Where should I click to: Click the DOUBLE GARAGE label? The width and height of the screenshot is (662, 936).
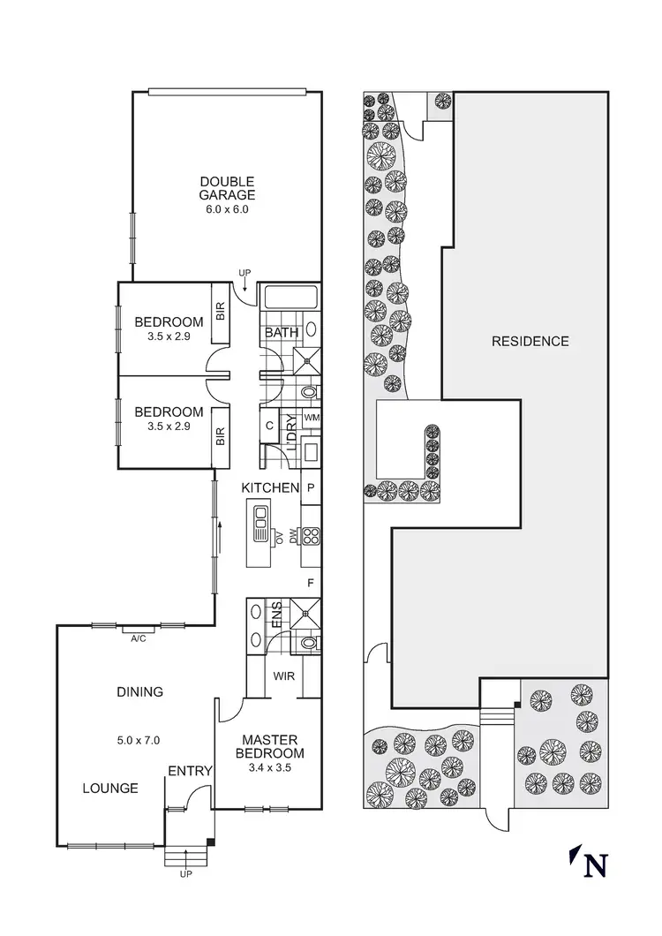pyautogui.click(x=227, y=189)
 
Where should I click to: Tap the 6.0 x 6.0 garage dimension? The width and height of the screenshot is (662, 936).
pyautogui.click(x=227, y=210)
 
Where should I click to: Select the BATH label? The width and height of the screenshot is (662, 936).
pyautogui.click(x=280, y=333)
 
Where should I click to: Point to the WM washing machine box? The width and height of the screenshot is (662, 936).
pyautogui.click(x=311, y=417)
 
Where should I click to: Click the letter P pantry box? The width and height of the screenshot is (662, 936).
pyautogui.click(x=311, y=487)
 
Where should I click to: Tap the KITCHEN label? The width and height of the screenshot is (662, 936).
pyautogui.click(x=271, y=487)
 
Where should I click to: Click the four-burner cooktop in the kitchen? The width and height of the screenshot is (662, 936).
pyautogui.click(x=311, y=535)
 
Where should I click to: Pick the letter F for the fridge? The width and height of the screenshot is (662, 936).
pyautogui.click(x=310, y=583)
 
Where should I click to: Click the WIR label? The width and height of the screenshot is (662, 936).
pyautogui.click(x=284, y=677)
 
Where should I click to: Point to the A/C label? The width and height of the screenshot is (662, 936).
pyautogui.click(x=139, y=638)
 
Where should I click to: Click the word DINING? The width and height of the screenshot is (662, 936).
pyautogui.click(x=139, y=692)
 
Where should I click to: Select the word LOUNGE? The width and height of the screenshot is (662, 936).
pyautogui.click(x=110, y=789)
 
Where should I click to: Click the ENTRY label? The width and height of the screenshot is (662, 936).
pyautogui.click(x=190, y=771)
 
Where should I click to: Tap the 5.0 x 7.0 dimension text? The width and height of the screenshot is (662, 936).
pyautogui.click(x=139, y=741)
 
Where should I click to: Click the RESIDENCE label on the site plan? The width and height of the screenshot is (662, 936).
pyautogui.click(x=530, y=341)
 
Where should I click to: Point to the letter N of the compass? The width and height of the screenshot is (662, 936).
pyautogui.click(x=597, y=865)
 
